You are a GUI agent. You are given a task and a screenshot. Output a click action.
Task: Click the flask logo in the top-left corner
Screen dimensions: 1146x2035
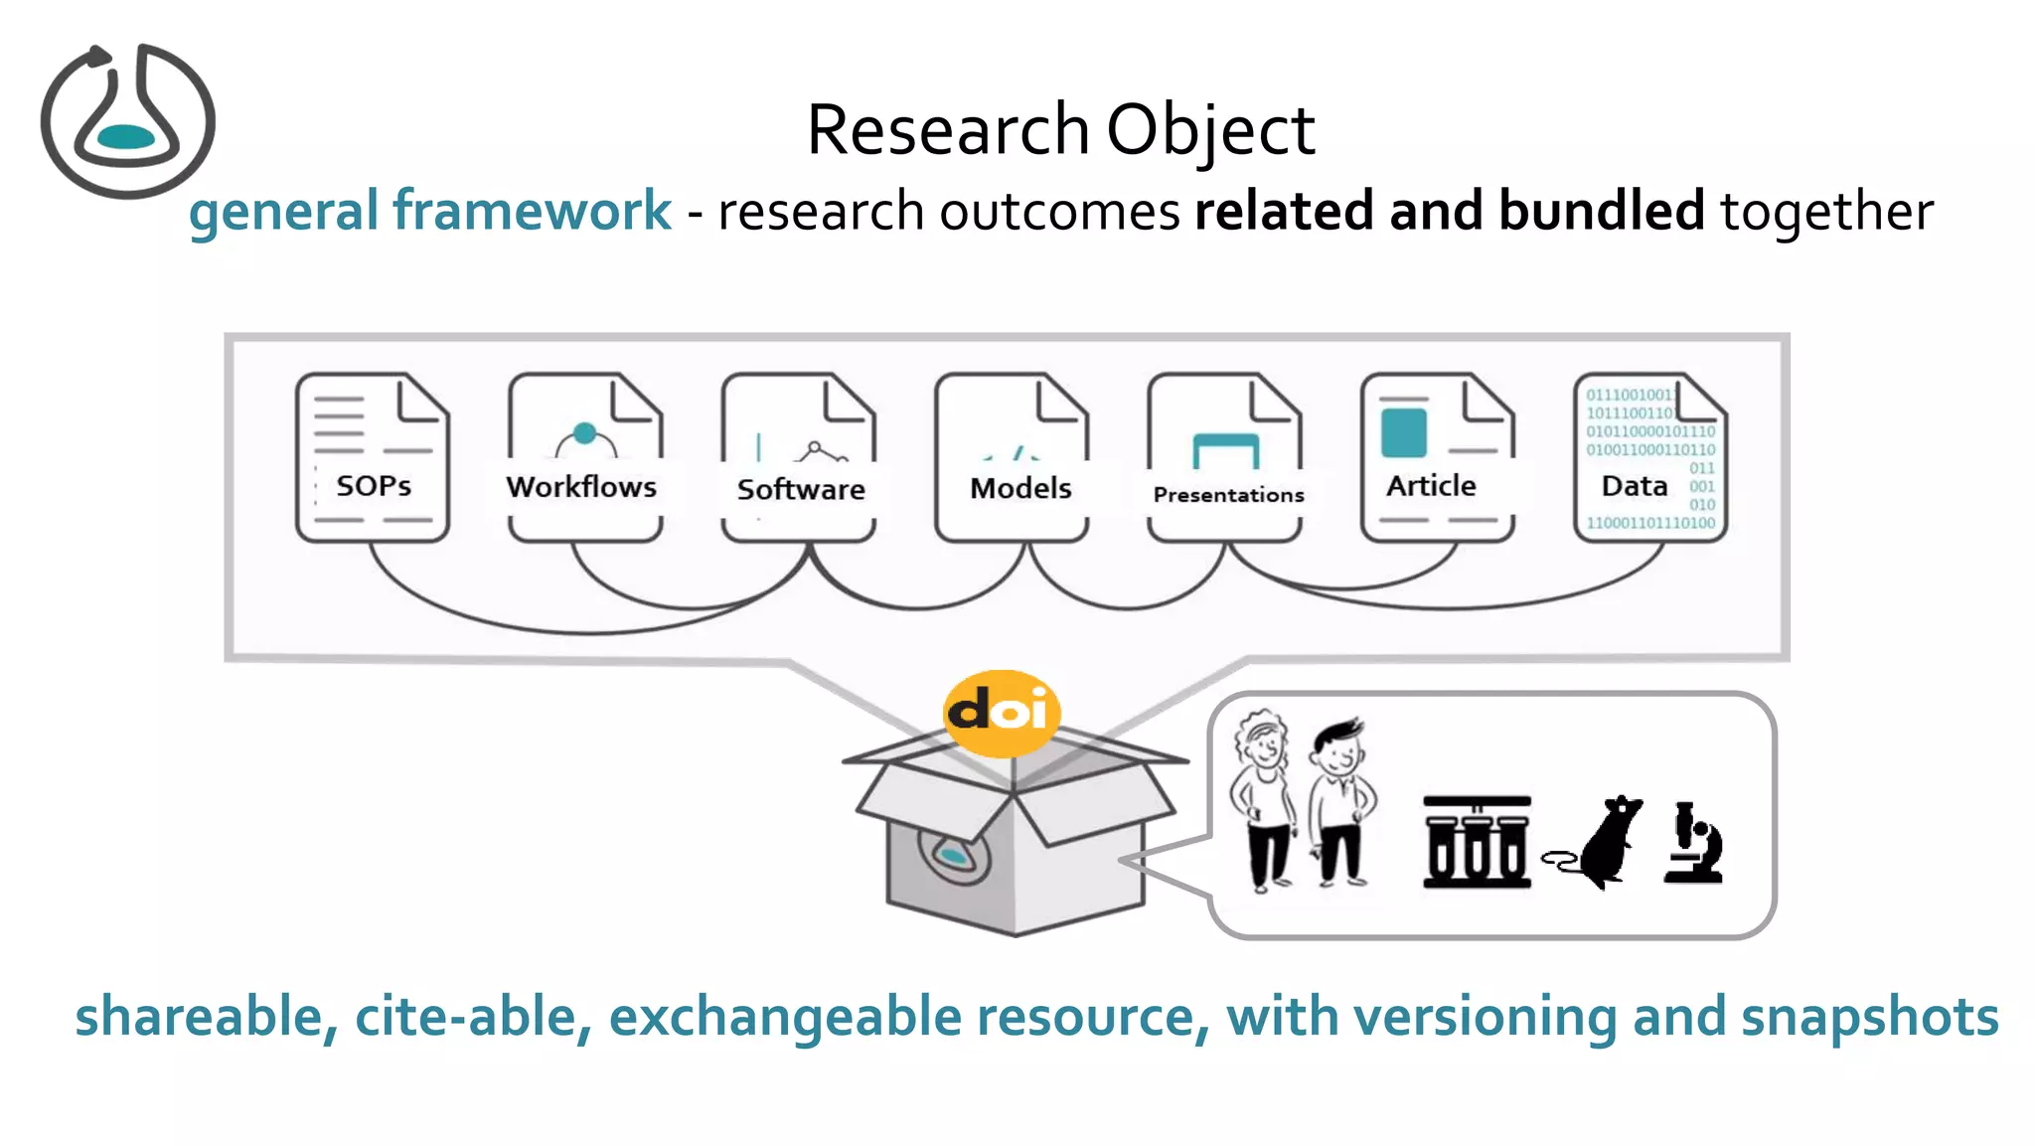coord(127,121)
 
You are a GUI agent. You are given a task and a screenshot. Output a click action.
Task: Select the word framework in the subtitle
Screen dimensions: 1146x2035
coord(532,211)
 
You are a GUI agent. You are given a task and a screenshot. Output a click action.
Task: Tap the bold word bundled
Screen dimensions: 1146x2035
coord(1601,211)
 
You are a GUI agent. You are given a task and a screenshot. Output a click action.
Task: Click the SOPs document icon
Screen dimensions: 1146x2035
coord(373,458)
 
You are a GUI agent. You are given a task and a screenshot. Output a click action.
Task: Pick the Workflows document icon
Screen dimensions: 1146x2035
coord(584,458)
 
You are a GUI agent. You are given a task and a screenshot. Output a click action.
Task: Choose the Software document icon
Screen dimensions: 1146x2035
coord(799,458)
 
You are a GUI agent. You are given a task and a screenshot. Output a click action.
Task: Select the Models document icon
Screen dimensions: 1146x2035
coord(1013,458)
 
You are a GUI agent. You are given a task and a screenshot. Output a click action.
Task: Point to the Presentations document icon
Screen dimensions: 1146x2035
coord(1225,458)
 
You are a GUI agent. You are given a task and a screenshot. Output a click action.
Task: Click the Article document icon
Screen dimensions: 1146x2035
coord(1437,458)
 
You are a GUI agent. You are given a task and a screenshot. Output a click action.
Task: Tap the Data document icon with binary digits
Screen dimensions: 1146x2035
coord(1650,458)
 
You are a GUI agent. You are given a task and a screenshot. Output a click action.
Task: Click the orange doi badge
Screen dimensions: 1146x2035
coord(1001,713)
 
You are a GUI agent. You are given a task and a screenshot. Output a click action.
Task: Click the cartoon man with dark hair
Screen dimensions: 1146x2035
coord(1341,803)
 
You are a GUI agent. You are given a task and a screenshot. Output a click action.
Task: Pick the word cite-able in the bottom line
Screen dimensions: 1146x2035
coord(473,1017)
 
